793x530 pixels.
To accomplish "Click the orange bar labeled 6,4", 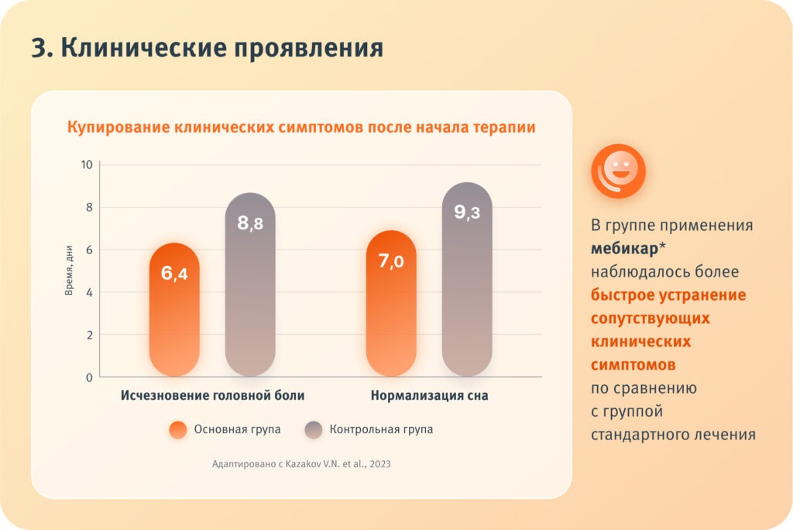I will [x=174, y=310].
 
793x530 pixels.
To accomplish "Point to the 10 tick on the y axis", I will [x=86, y=165].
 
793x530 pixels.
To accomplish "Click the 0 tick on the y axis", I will [x=89, y=377].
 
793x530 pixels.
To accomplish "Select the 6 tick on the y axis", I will [x=89, y=250].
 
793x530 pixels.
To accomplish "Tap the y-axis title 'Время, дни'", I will [x=68, y=270].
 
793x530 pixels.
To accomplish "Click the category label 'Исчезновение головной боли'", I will [x=212, y=395].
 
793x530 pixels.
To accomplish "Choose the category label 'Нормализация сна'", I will [x=429, y=395].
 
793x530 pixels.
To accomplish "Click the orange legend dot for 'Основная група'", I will [x=178, y=430].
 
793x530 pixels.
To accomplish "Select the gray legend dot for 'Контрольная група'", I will [x=314, y=430].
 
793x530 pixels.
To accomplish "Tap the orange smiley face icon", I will [x=618, y=170].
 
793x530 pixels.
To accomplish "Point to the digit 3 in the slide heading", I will [x=39, y=48].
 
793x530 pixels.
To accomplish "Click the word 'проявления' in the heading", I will [x=310, y=48].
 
